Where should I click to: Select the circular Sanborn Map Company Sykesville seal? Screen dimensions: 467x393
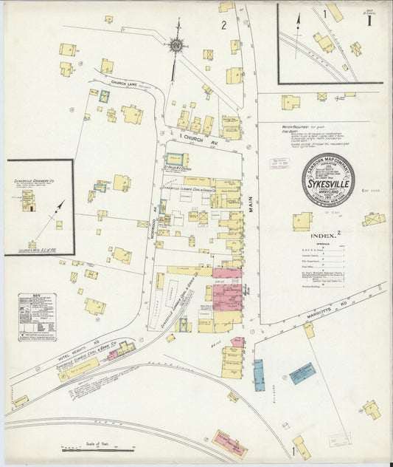coord(327,180)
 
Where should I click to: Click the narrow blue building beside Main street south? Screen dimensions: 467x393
coord(258,374)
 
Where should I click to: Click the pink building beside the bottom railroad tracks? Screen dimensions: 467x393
coord(230,442)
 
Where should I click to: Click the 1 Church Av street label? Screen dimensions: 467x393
coord(195,137)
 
